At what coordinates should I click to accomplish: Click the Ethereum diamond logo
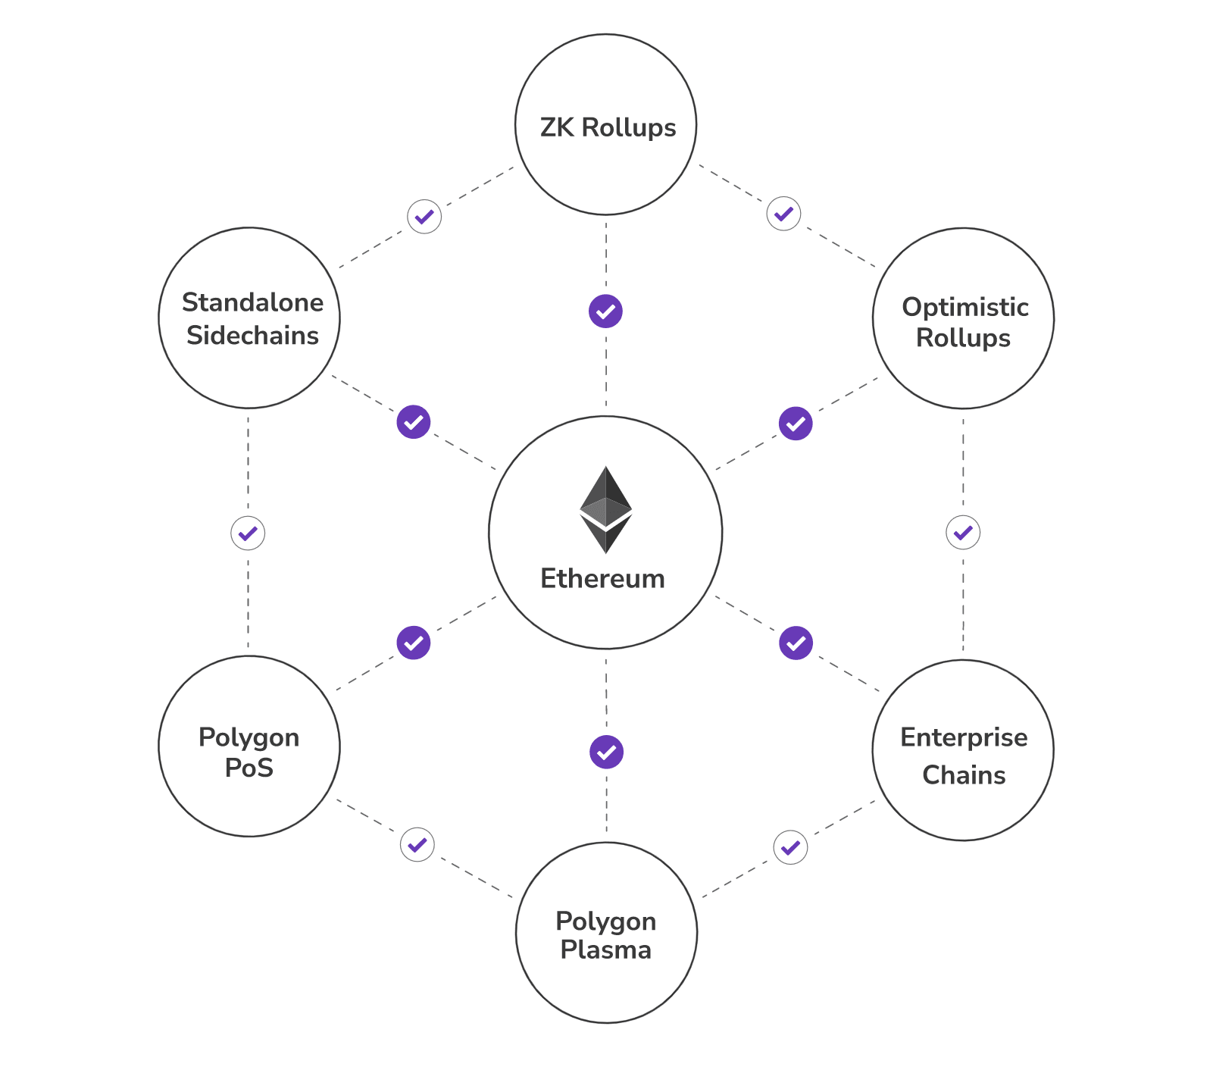point(605,509)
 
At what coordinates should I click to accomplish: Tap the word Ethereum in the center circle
point(602,579)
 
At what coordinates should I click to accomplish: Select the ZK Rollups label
point(608,127)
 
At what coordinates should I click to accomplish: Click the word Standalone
point(252,302)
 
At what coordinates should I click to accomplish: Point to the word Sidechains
point(252,335)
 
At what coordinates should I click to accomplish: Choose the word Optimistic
point(964,307)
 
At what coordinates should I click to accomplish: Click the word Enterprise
point(964,737)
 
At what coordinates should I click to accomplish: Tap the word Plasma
point(605,950)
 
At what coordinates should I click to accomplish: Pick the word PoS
point(249,768)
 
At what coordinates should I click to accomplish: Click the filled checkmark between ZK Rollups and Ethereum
point(605,311)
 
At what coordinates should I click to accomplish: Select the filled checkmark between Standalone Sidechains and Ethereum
point(414,422)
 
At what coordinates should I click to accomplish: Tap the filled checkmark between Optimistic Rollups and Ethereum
point(796,424)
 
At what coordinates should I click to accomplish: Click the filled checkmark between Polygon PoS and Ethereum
point(414,643)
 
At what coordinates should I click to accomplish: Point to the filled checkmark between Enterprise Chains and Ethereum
point(796,643)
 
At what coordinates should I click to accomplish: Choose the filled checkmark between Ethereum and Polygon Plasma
point(606,752)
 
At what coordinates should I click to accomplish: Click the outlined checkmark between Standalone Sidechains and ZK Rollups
point(424,217)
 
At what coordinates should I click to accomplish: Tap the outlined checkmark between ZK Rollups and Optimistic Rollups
point(783,214)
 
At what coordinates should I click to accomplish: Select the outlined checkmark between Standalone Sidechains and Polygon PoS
point(248,533)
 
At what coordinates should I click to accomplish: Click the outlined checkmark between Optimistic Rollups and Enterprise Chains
point(963,533)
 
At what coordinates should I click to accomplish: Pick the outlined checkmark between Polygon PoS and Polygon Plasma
point(417,845)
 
